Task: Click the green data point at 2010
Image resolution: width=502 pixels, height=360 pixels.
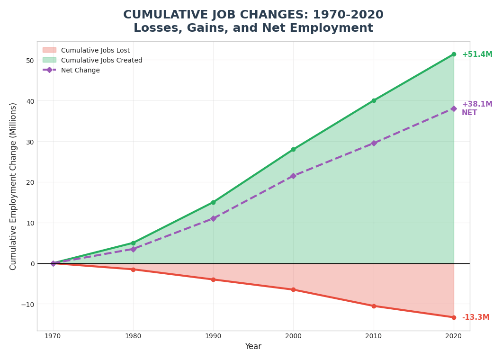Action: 374,101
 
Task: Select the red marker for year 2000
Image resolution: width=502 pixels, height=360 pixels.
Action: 293,290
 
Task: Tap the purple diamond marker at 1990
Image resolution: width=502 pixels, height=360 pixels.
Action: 213,219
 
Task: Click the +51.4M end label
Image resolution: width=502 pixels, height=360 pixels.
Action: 477,54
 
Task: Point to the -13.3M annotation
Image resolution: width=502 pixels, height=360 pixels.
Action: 475,317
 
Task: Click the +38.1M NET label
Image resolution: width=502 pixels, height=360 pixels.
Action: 477,108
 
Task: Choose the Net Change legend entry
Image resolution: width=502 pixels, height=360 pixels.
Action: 80,70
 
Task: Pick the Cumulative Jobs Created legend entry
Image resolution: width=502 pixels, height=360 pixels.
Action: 101,60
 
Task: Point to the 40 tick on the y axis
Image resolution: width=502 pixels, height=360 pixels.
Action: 30,101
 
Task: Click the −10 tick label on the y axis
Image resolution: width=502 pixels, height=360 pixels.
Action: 27,304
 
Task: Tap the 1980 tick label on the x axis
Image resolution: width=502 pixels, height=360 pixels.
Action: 133,336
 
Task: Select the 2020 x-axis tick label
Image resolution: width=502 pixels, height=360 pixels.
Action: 454,336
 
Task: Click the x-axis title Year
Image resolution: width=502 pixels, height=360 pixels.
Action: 253,347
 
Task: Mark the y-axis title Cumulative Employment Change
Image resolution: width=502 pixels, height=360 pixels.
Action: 13,186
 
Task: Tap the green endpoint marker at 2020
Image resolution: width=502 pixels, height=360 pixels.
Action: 454,54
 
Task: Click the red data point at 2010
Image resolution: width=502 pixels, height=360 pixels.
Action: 374,306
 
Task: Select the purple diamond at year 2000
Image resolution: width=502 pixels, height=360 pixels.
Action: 293,176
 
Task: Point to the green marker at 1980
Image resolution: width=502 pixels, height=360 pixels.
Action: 133,243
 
